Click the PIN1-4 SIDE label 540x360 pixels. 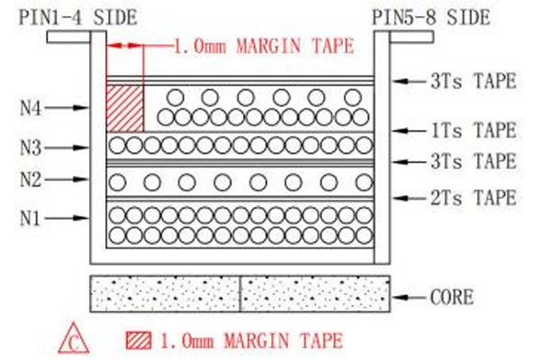pyautogui.click(x=77, y=17)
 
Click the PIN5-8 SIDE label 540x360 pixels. pyautogui.click(x=431, y=17)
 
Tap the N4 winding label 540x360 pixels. pyautogui.click(x=31, y=109)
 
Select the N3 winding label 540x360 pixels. pyautogui.click(x=31, y=148)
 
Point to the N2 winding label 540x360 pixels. pyautogui.click(x=31, y=179)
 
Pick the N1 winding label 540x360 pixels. pyautogui.click(x=30, y=219)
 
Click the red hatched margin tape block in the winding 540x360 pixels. pyautogui.click(x=125, y=109)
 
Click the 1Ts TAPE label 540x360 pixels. pyautogui.click(x=473, y=130)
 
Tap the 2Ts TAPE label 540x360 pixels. pyautogui.click(x=473, y=198)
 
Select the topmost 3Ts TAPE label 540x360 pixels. pyautogui.click(x=473, y=81)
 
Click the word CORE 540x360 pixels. pyautogui.click(x=452, y=297)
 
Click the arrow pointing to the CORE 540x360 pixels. pyautogui.click(x=409, y=297)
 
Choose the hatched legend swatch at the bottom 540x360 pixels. pyautogui.click(x=139, y=341)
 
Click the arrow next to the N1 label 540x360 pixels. pyautogui.click(x=67, y=218)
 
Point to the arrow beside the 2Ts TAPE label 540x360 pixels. pyautogui.click(x=409, y=198)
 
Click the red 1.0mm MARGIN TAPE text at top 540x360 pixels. pyautogui.click(x=264, y=46)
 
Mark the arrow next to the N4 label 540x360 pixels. pyautogui.click(x=67, y=108)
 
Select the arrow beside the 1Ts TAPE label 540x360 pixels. pyautogui.click(x=409, y=130)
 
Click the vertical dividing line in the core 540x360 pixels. pyautogui.click(x=239, y=294)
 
